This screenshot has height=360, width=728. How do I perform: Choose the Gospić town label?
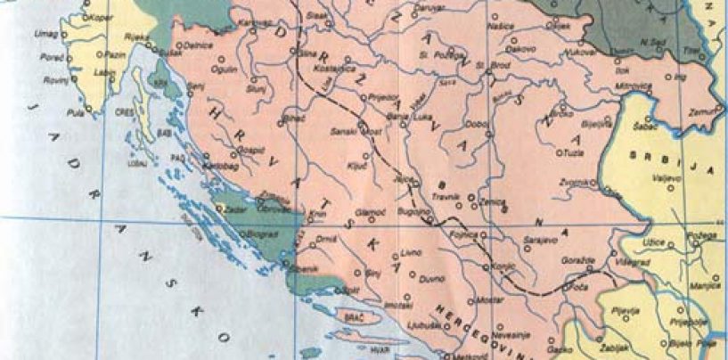[252, 149]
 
